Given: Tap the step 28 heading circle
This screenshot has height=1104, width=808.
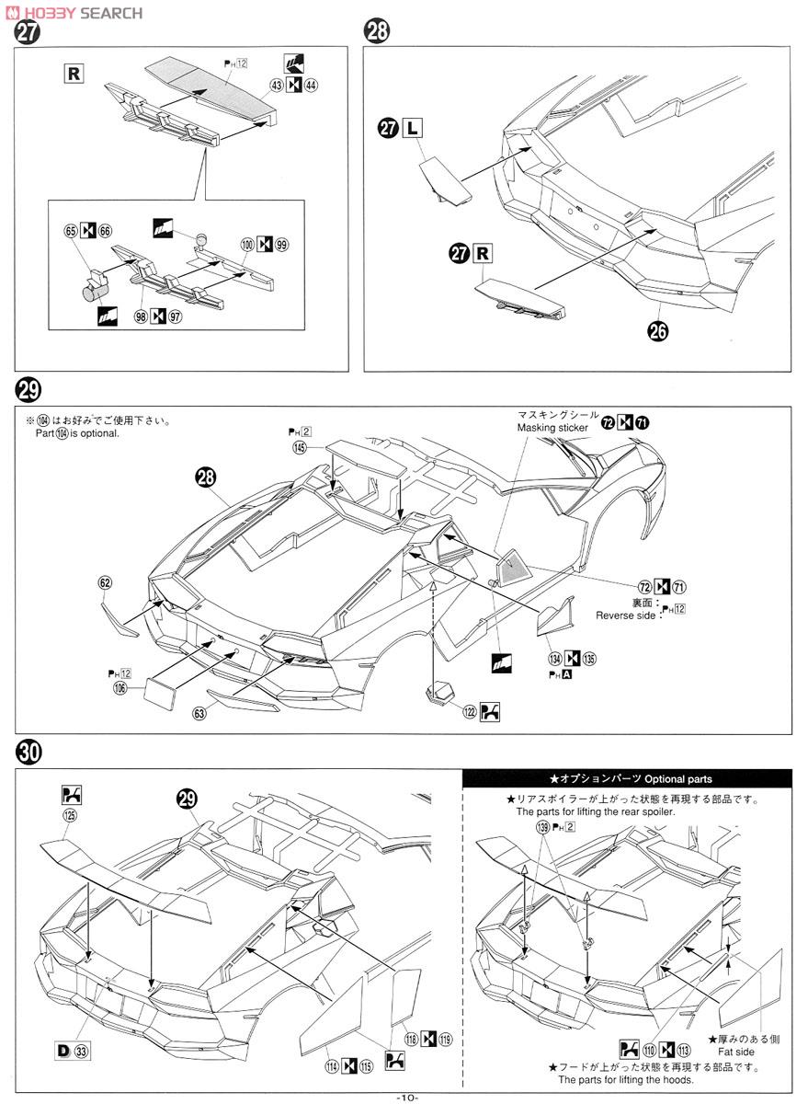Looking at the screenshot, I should tap(377, 33).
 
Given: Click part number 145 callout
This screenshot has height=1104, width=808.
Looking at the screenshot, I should tap(300, 448).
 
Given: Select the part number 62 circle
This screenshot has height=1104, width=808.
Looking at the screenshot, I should tap(105, 582).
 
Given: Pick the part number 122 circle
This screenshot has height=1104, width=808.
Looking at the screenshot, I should tap(469, 711).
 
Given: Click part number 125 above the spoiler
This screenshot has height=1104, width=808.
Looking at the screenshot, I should tap(70, 814).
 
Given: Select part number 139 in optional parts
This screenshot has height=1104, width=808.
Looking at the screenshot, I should tap(544, 828).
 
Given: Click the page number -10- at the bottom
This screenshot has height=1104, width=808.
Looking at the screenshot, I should tap(405, 1097).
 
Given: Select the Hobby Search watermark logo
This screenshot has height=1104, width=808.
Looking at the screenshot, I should tap(74, 12).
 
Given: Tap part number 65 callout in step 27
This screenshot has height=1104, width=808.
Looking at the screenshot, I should tap(71, 231).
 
